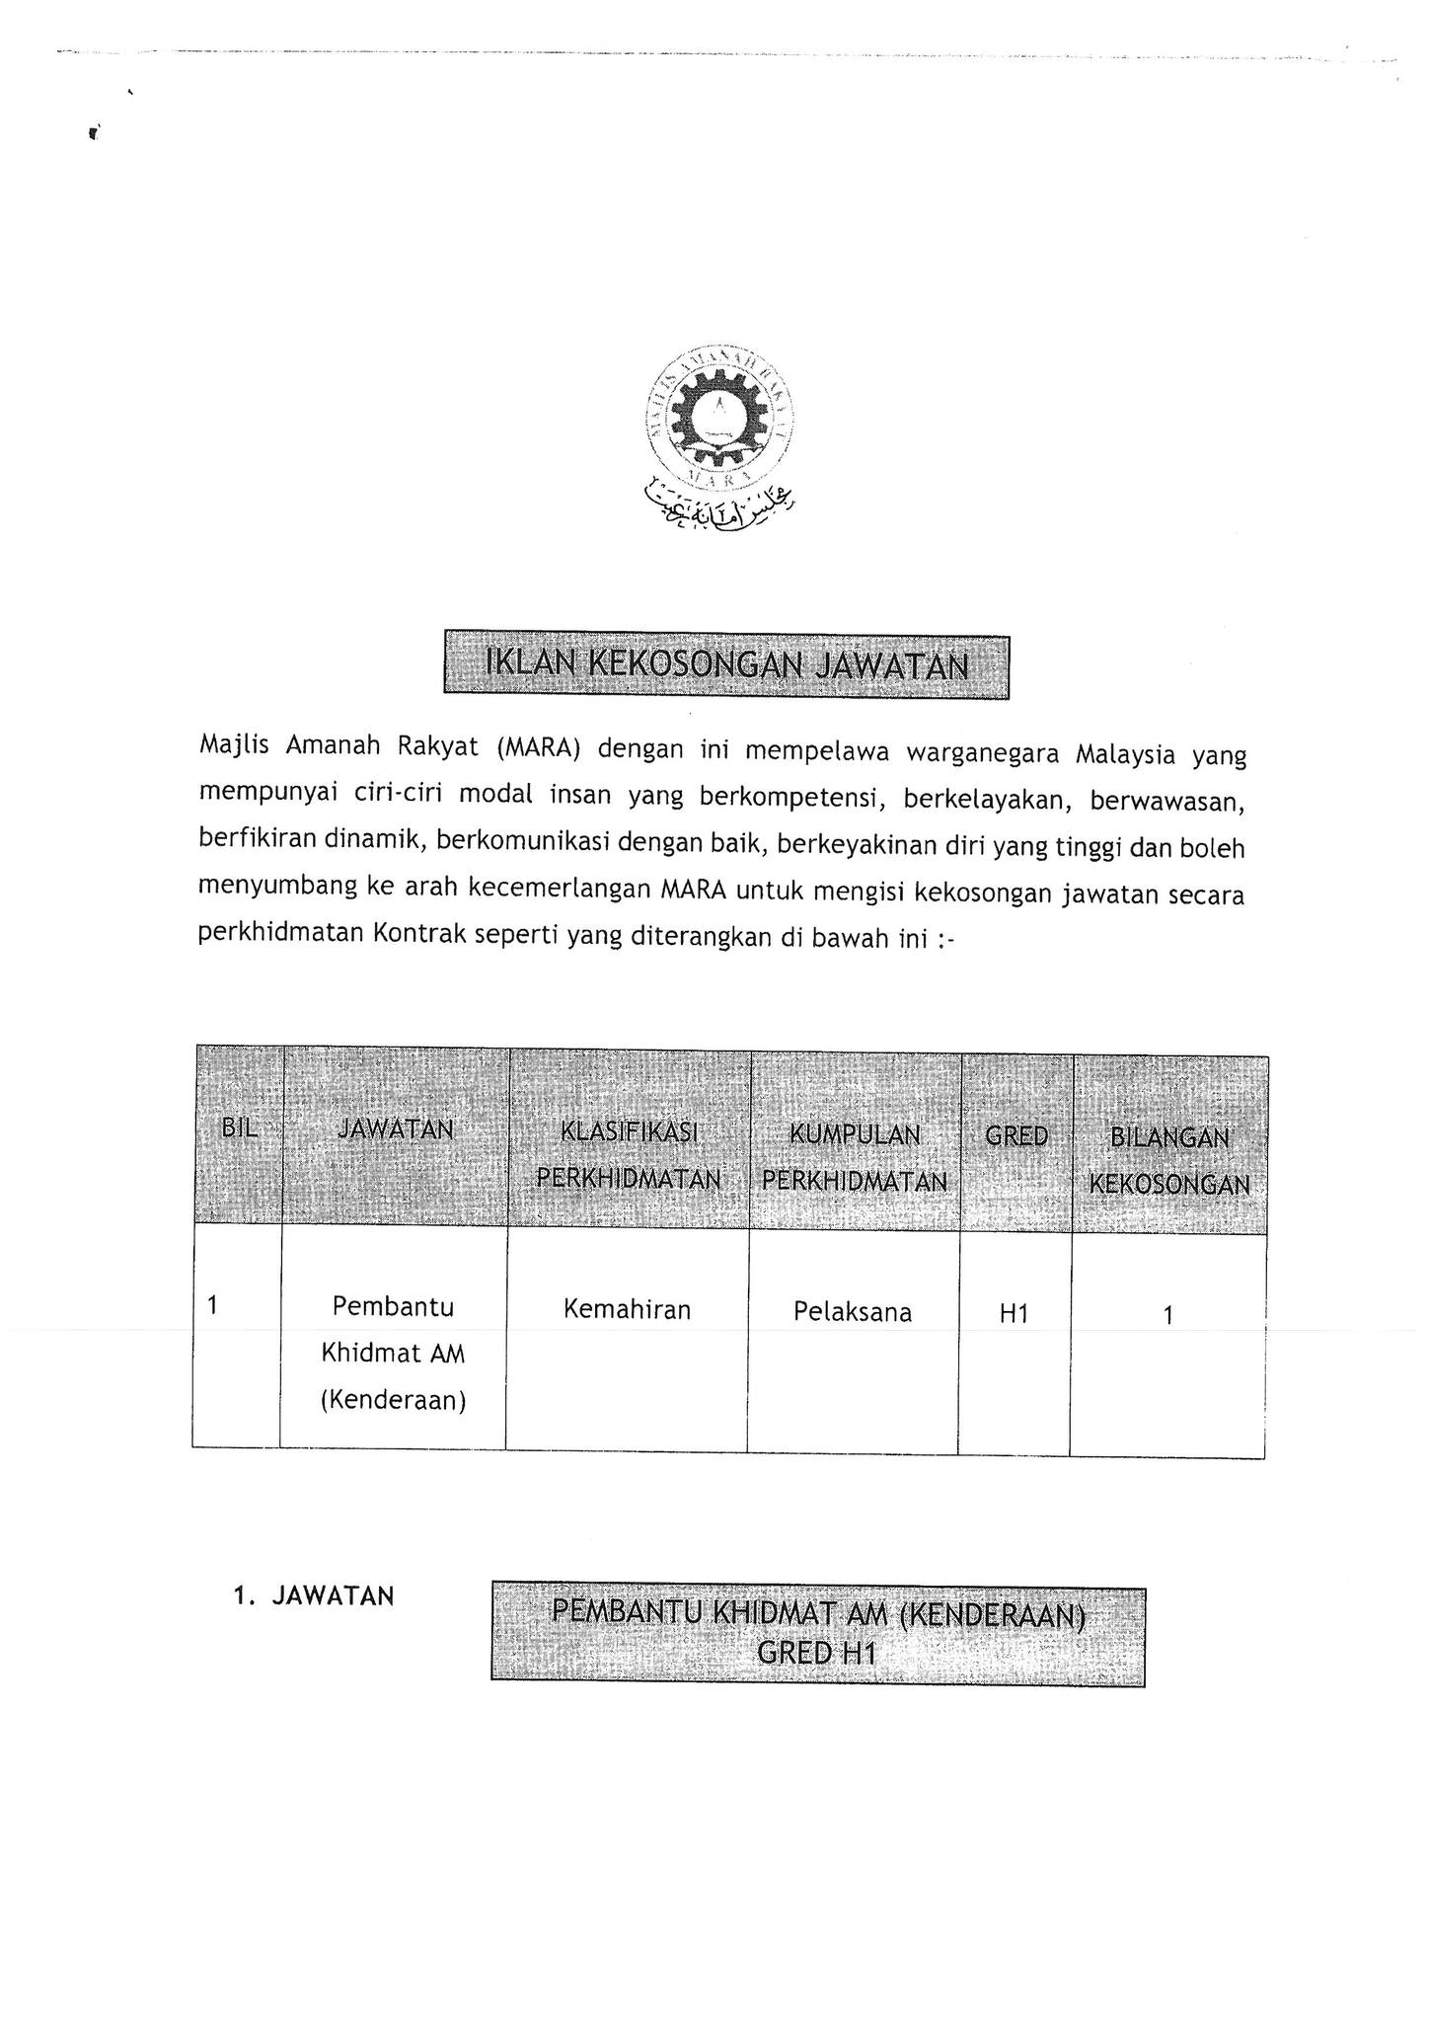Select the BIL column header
pos(240,1128)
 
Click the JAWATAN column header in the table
pos(396,1128)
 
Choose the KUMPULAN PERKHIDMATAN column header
pos(855,1157)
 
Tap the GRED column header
pos(1016,1135)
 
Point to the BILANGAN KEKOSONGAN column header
pos(1169,1160)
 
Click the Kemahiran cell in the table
pos(627,1309)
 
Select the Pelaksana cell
pos(853,1311)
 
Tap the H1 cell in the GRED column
pos(1014,1313)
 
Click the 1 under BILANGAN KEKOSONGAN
pos(1168,1314)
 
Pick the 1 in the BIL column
pos(212,1305)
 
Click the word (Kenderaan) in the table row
pos(393,1399)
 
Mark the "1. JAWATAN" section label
pos(314,1595)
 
